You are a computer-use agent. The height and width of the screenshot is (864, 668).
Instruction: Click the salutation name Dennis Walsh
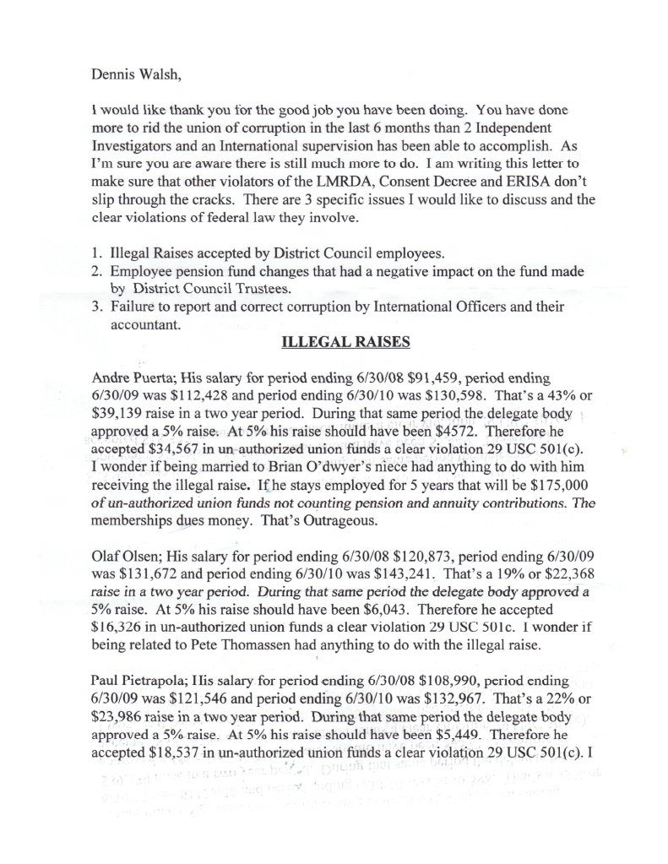click(x=134, y=74)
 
